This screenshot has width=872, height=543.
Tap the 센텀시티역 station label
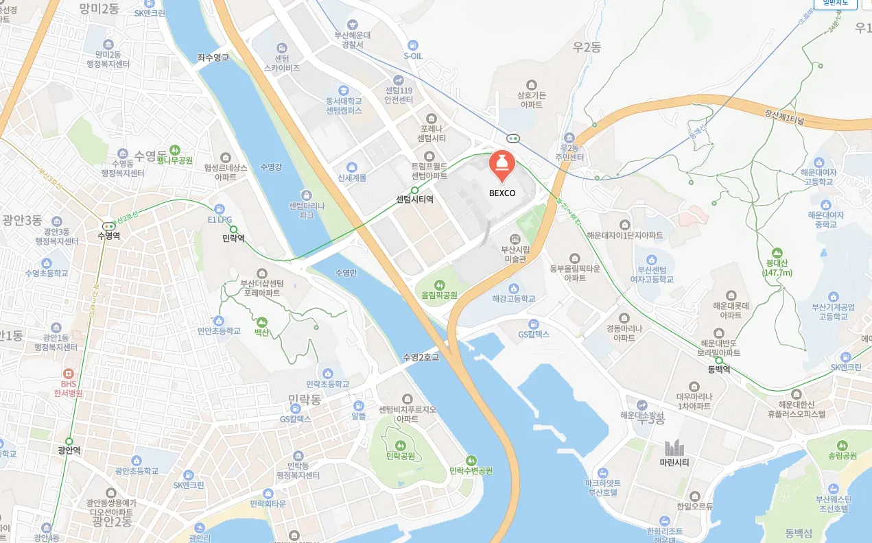(414, 200)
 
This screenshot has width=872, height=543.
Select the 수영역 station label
(108, 236)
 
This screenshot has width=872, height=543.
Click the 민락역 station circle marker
(233, 229)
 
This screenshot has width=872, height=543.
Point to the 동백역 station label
(718, 370)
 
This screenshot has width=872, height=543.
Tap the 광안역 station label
(69, 450)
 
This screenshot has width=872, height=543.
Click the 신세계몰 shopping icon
(352, 167)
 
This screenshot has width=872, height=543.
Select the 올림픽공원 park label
(440, 295)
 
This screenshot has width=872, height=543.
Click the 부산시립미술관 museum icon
(515, 239)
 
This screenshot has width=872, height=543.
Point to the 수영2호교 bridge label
(421, 357)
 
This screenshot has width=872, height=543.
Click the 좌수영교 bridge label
(213, 58)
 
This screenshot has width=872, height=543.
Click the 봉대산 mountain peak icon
(777, 253)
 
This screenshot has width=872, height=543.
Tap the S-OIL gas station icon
(413, 45)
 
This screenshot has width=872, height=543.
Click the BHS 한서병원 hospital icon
(69, 374)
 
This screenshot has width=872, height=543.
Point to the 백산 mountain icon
(261, 322)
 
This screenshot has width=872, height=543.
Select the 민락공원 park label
(402, 455)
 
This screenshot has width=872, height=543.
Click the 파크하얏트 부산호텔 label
(602, 487)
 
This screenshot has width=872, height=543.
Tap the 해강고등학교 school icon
(513, 288)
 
